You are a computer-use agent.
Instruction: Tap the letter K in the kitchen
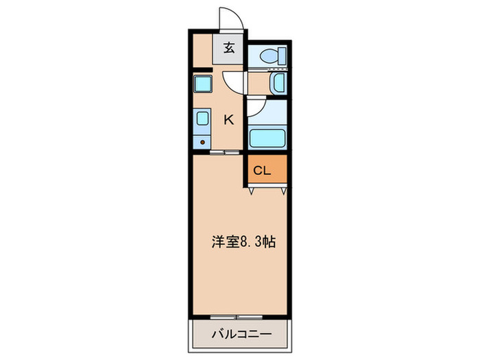coord(229,119)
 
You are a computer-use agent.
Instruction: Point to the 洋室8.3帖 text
coord(243,242)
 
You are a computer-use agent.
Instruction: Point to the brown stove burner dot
coord(202,142)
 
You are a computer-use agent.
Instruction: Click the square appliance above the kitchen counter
coord(204,84)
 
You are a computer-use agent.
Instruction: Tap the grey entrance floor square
coord(228,49)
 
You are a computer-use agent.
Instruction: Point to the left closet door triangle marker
coord(251,191)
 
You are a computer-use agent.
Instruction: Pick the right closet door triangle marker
coord(281,191)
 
